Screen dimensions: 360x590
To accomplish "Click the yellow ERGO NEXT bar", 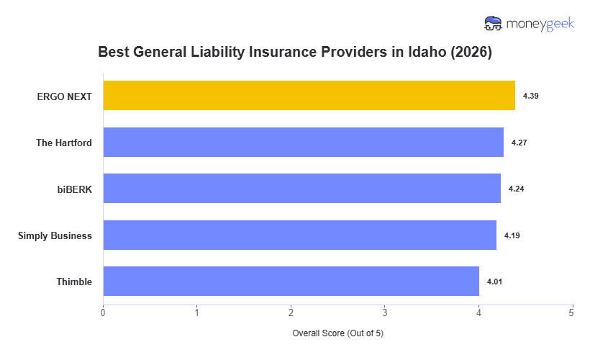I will point(309,96).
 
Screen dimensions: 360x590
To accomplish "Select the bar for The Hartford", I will point(303,143).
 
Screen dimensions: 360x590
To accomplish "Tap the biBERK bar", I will point(301,189).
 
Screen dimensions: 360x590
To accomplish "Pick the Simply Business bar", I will point(299,235).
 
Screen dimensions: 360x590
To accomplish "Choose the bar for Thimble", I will point(291,282).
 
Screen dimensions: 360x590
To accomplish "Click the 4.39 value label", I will point(530,96).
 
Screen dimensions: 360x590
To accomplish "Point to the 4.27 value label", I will point(519,143).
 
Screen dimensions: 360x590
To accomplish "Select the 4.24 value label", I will point(516,189).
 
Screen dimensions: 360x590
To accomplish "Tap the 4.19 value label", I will point(512,235).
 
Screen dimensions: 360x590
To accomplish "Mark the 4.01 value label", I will point(494,282).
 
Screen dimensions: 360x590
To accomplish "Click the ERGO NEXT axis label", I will point(65,96).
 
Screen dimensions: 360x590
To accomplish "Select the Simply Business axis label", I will point(55,235).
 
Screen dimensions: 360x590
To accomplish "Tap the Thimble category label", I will point(74,282).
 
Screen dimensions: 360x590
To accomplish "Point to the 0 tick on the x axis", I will point(103,312).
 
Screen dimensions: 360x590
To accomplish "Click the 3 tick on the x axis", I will point(384,312).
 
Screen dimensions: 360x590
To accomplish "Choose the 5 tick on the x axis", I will point(571,312).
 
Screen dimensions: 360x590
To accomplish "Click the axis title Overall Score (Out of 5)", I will point(337,333).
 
